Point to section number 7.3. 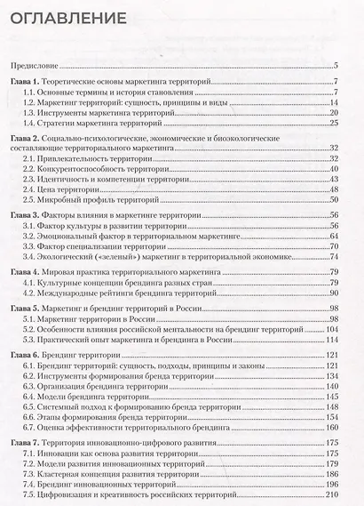pyautogui.click(x=32, y=476)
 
